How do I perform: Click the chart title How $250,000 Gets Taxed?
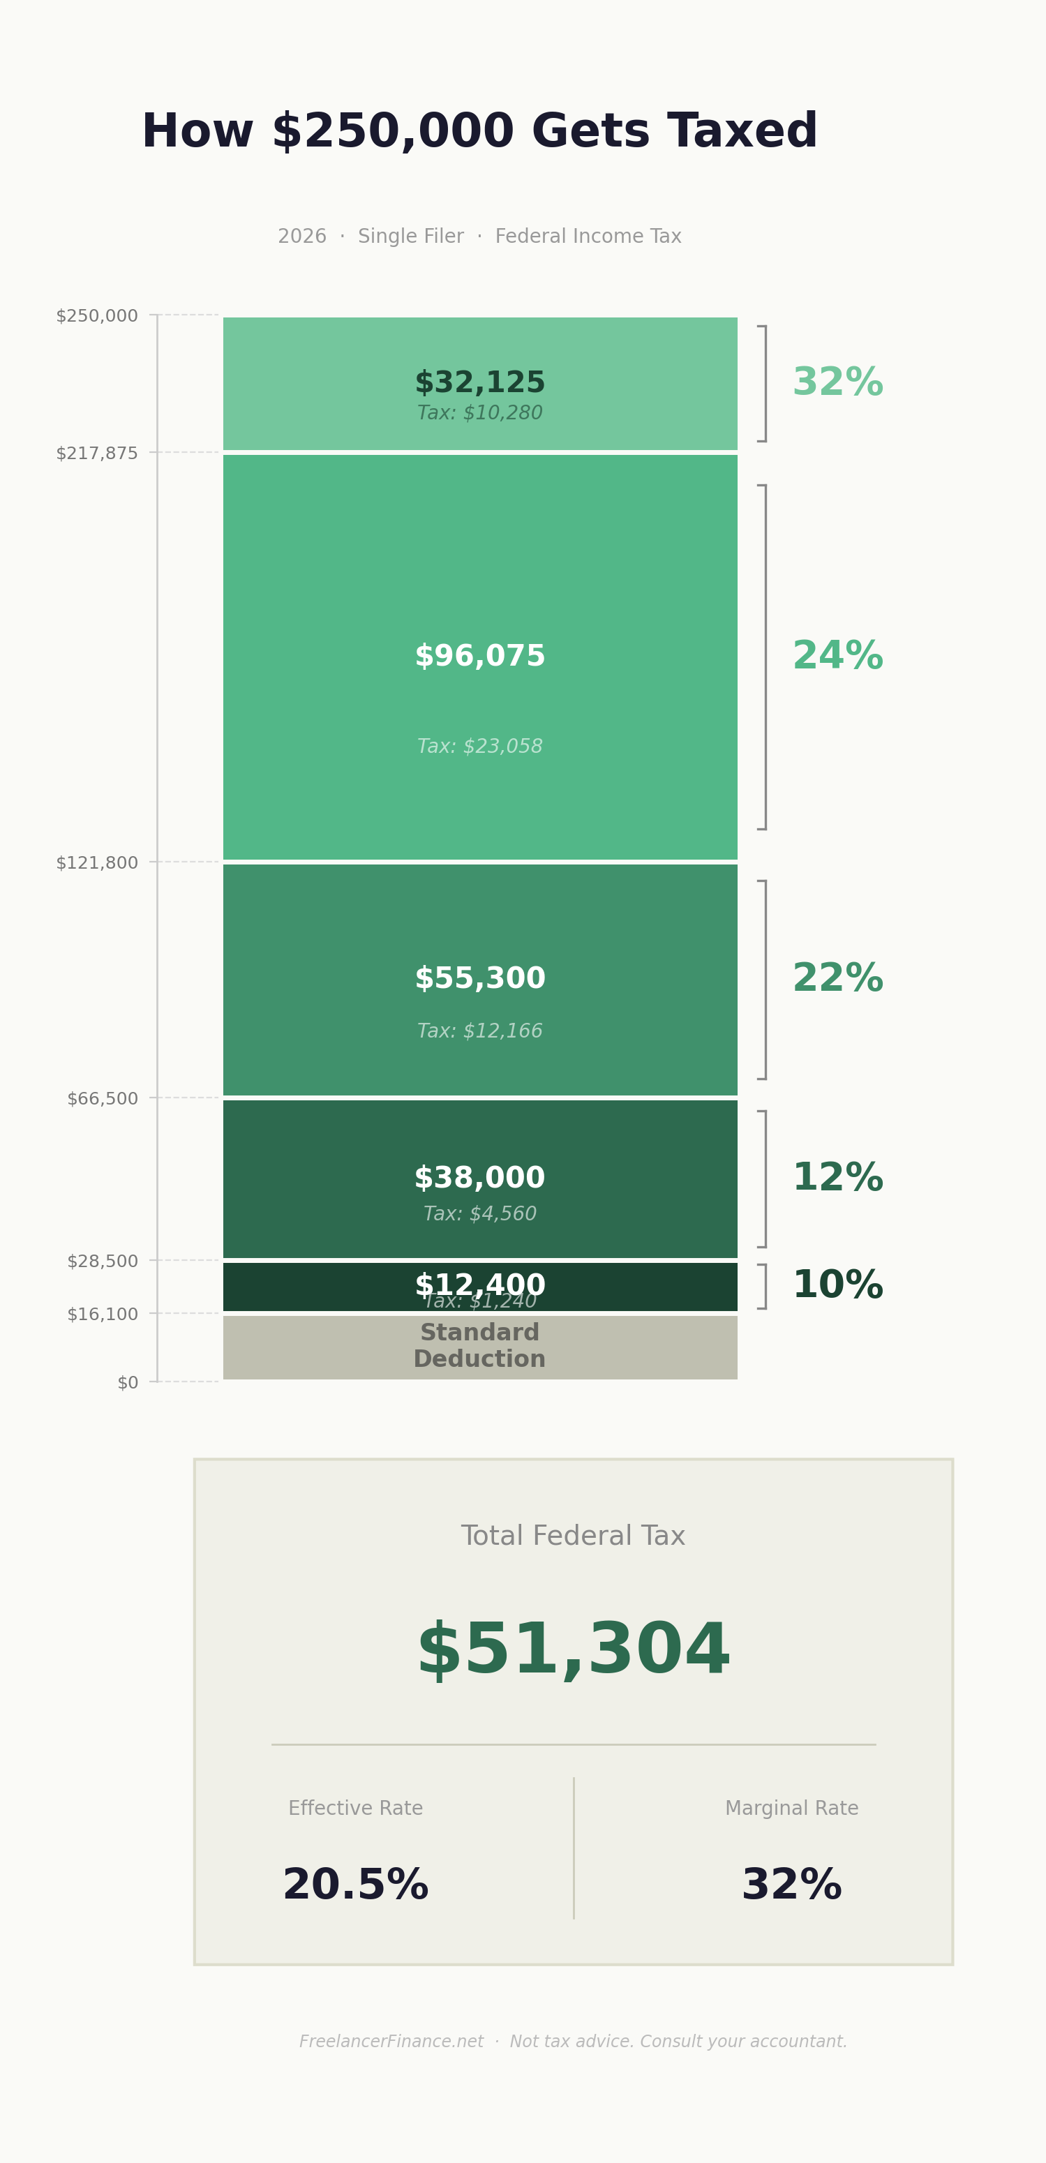[x=479, y=132]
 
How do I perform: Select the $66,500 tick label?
[x=103, y=1099]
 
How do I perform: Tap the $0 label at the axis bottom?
[x=128, y=1383]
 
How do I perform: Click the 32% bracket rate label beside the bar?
[x=837, y=383]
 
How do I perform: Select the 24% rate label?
[x=837, y=657]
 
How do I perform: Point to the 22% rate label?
[x=837, y=979]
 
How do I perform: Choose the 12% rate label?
[x=837, y=1178]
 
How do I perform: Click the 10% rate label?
[x=837, y=1285]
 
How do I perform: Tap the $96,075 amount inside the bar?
[x=479, y=657]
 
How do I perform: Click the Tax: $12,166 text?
[x=479, y=1031]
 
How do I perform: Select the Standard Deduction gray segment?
[x=479, y=1346]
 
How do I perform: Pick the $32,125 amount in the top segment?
[x=479, y=383]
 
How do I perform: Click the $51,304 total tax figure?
[x=574, y=1652]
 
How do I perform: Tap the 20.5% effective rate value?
[x=355, y=1886]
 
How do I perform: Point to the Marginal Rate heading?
[x=791, y=1809]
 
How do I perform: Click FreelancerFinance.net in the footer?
[x=391, y=2042]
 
